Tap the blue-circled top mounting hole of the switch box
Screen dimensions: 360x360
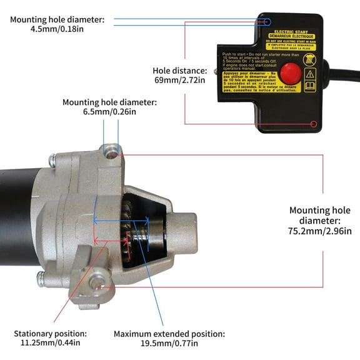(x=267, y=22)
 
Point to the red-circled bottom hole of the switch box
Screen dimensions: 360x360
(x=314, y=124)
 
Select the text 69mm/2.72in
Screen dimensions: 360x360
(x=180, y=81)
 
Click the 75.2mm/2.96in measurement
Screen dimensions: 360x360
(x=319, y=231)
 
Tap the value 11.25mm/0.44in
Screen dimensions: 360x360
(x=50, y=343)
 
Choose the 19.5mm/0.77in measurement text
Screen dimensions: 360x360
(x=168, y=343)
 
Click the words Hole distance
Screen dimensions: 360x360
(x=180, y=70)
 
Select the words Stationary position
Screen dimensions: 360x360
(x=51, y=333)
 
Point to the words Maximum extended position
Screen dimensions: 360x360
(x=168, y=333)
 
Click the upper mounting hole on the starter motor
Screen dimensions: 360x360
(x=111, y=150)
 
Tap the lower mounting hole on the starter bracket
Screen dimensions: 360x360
(x=96, y=283)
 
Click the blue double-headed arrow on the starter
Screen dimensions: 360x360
(x=121, y=219)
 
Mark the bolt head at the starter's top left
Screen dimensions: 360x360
(x=53, y=160)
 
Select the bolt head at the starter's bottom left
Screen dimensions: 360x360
(x=41, y=279)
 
